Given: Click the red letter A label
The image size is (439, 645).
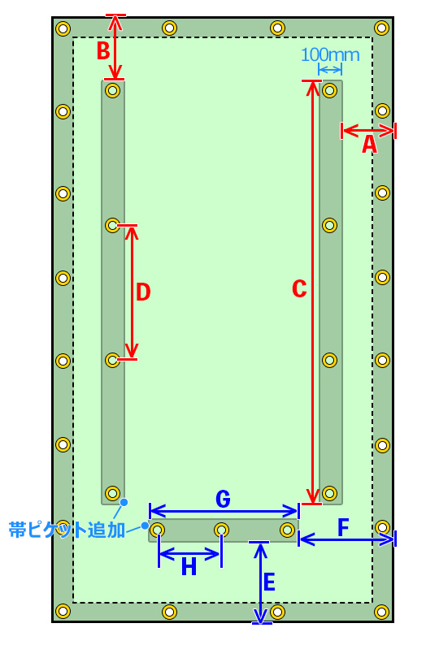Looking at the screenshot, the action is coord(369,145).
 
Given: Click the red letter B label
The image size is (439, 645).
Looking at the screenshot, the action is coord(103,50).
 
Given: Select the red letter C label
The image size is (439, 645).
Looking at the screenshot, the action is coord(299,288).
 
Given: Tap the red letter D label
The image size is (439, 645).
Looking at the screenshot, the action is coord(143,292).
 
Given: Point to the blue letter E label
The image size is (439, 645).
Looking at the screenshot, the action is coord(269,582).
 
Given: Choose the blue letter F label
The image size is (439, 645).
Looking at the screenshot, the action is coord(343,527).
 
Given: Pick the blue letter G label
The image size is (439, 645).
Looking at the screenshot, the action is coord(224,500).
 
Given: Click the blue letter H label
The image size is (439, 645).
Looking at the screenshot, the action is coord(189,567).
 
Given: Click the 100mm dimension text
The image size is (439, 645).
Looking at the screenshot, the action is coord(330,54).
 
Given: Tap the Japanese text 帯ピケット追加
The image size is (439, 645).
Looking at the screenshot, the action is coord(67,530).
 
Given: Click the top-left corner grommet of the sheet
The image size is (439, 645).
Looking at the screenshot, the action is coord(63,28).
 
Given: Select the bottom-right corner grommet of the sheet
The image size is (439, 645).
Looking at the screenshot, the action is coord(382,612).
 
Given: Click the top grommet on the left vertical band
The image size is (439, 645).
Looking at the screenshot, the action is coord(112,90).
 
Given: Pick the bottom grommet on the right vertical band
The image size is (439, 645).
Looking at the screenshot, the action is coord(330,493).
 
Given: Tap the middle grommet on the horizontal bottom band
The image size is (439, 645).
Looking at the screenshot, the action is coord(222,530).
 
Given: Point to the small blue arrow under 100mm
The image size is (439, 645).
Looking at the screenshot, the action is coord(330,70).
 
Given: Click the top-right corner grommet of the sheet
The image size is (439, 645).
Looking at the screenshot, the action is coord(382,28).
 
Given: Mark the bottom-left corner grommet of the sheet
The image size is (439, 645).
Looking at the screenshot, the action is coord(63,612).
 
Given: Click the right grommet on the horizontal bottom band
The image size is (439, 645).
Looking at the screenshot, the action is coord(287,530).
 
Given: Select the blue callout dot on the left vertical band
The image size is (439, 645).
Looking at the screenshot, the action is coord(124,502).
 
